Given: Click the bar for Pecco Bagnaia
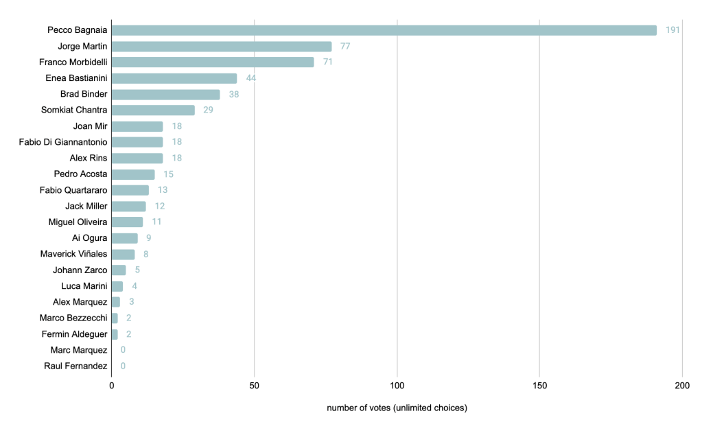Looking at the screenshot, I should [x=384, y=30].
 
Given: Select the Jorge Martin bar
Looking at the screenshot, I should [x=222, y=47].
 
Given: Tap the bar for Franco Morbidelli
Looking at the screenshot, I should [x=213, y=62].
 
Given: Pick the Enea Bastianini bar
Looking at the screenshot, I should [x=174, y=78].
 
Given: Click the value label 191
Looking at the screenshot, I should [x=672, y=30].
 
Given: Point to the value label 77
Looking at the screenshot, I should [x=345, y=47].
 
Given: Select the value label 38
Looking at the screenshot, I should [x=234, y=94].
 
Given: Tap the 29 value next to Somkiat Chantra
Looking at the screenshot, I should [x=208, y=110].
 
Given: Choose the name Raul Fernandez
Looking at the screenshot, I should [x=75, y=366].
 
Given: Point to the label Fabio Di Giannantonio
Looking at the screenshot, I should [x=63, y=142].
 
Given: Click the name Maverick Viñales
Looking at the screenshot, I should [x=74, y=254].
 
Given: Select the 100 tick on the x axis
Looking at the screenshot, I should [x=397, y=386].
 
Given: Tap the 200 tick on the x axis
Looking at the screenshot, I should [x=682, y=386].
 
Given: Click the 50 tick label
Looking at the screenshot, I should [x=254, y=386].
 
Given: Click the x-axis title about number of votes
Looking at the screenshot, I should [x=397, y=408].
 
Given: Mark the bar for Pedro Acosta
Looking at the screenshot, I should [x=133, y=174].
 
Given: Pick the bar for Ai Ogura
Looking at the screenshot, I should [x=125, y=238].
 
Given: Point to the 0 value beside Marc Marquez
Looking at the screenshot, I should [x=123, y=350].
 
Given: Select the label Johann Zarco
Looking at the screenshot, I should [x=80, y=270].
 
